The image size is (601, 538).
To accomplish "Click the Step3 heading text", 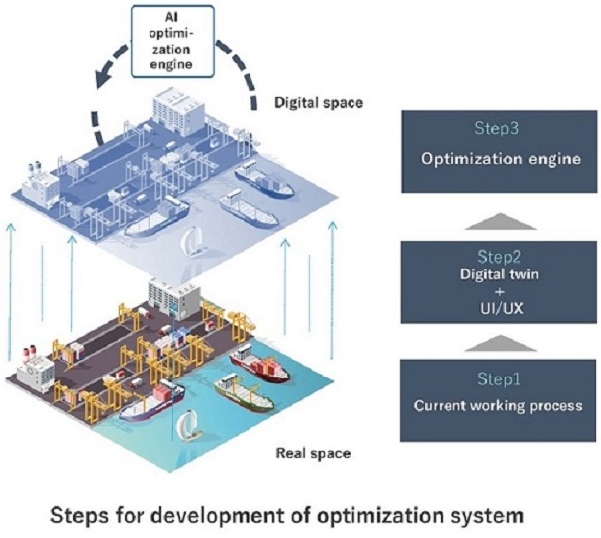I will point(477,128).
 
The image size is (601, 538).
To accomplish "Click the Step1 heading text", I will point(477,379).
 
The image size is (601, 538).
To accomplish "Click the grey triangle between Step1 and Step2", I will point(477,343).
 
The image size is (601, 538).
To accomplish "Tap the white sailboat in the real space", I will point(186,427).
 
